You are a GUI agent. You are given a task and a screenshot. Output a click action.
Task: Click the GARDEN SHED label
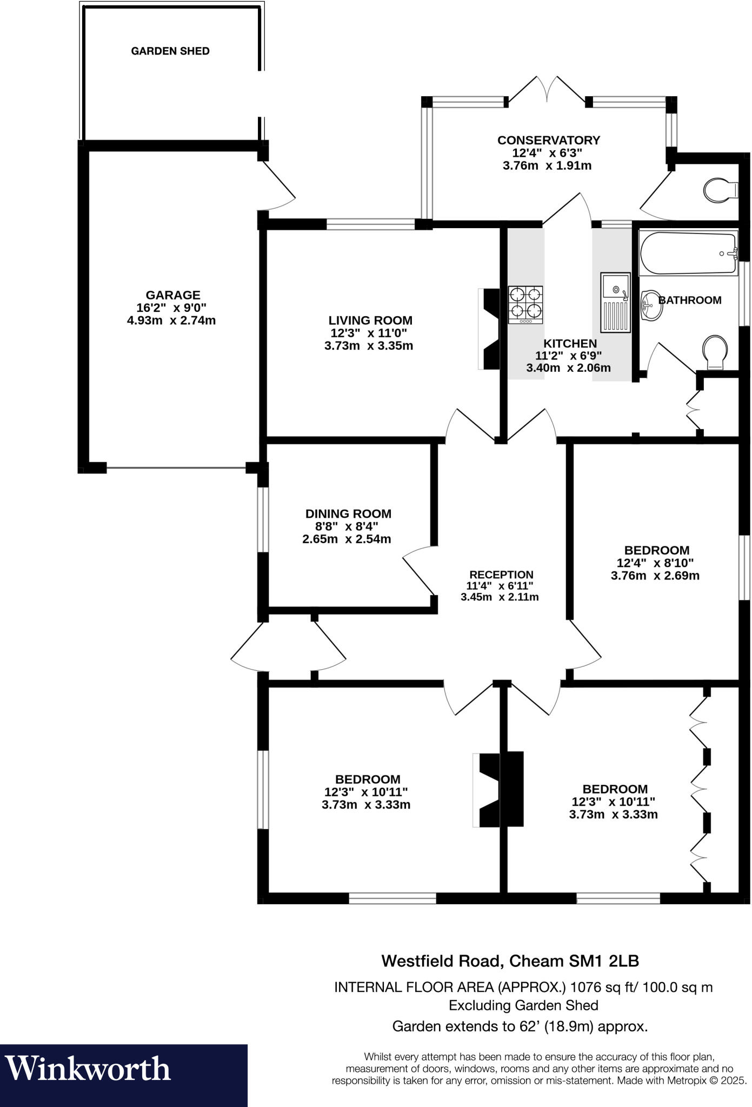coord(170,51)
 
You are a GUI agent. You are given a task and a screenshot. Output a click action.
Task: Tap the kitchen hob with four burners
coord(525,304)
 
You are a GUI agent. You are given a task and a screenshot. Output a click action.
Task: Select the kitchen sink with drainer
coord(615,302)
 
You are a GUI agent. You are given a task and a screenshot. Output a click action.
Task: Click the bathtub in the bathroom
coord(688,253)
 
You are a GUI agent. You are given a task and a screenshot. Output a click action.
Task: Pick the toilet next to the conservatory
coord(721,190)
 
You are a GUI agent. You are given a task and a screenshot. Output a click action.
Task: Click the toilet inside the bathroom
coord(716,352)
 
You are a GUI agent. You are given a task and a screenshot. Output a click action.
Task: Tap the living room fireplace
coord(490,329)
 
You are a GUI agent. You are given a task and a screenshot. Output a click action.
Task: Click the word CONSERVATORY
coord(549,141)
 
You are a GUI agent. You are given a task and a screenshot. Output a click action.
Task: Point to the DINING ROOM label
coord(348,514)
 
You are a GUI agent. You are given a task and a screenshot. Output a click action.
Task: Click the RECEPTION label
coord(501,575)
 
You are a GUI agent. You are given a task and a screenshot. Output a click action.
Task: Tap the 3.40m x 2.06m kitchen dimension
coord(568,368)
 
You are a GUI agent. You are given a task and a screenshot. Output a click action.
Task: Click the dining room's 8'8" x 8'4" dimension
coord(347,526)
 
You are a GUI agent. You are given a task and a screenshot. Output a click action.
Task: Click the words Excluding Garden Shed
coord(523,1005)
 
